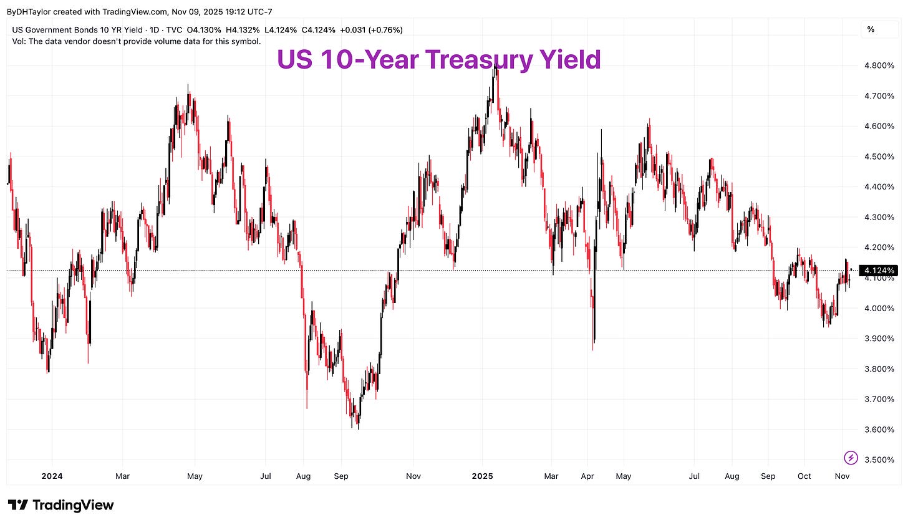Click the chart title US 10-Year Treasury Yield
point(438,60)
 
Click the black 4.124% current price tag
point(879,271)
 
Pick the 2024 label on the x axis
point(52,476)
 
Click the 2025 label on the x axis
point(482,476)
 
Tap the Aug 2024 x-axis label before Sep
point(303,476)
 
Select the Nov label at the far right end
point(842,476)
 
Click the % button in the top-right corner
point(871,29)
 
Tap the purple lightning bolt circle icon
point(851,458)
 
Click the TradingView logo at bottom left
point(60,505)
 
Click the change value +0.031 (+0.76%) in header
point(371,30)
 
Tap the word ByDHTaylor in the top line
point(29,12)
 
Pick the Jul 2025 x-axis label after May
point(694,476)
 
